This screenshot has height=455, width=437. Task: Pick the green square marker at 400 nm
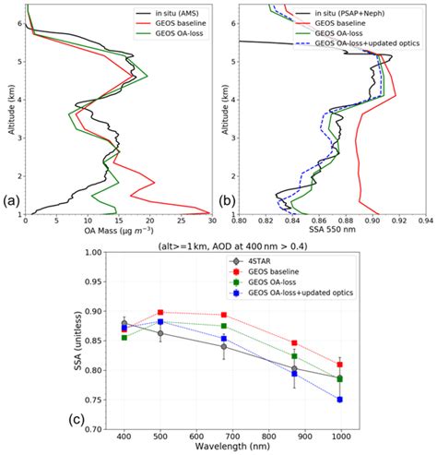(124, 338)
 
